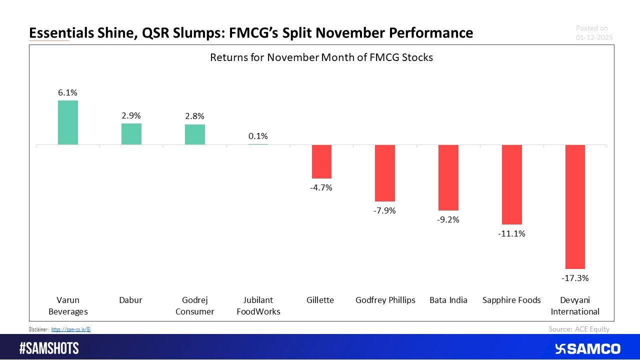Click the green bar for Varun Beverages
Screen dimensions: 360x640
tap(68, 122)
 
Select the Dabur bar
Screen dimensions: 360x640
tap(131, 134)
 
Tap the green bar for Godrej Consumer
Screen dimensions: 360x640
tap(195, 134)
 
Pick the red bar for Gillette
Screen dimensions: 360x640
tap(321, 161)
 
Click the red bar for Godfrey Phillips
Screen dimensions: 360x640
tap(385, 173)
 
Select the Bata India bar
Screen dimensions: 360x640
tap(448, 177)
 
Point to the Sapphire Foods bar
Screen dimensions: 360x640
tap(512, 184)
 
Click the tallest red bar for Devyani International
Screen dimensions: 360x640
tap(575, 207)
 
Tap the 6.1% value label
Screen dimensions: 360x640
tap(68, 92)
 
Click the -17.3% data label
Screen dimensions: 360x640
tap(575, 277)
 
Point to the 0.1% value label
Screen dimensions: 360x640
tap(258, 136)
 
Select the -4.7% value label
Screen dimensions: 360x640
tap(321, 187)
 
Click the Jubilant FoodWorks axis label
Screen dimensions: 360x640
tap(258, 305)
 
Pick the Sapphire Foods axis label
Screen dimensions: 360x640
tap(511, 300)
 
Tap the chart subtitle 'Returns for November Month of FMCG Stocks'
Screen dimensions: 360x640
tap(321, 57)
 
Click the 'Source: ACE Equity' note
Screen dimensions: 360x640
tap(579, 328)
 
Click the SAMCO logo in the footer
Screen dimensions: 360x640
tap(587, 348)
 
